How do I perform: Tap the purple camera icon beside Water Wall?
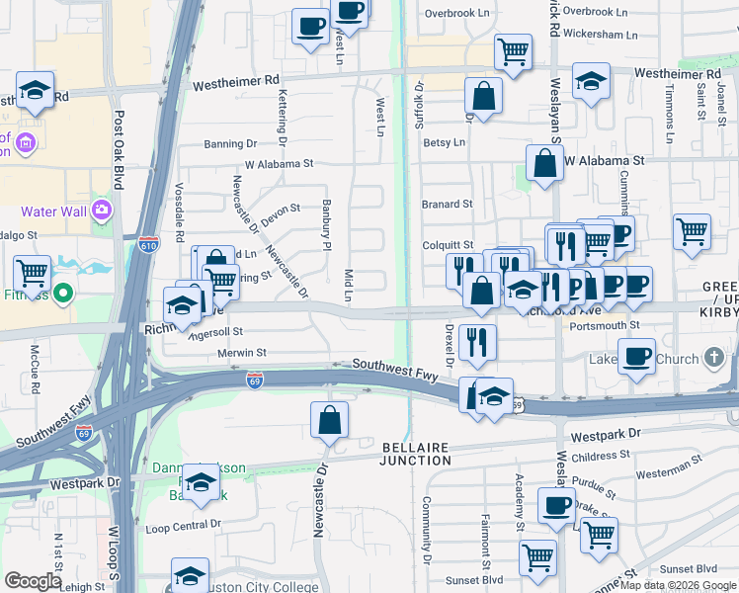tap(101, 210)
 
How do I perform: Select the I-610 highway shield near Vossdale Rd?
tap(149, 241)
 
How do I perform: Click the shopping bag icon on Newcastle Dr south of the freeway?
tap(329, 420)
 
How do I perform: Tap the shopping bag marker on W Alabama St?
tap(544, 163)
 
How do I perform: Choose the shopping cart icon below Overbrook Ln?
tap(513, 51)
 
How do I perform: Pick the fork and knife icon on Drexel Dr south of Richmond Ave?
tap(478, 343)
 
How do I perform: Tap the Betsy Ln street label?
tap(445, 142)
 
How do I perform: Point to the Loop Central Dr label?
tap(185, 527)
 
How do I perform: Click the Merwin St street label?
tap(241, 352)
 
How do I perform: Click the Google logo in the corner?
tap(33, 581)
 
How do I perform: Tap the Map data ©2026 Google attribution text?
tap(677, 585)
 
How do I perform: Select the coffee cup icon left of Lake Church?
tap(636, 357)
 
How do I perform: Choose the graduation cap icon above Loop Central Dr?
tap(201, 485)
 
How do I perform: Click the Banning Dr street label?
tap(230, 144)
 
